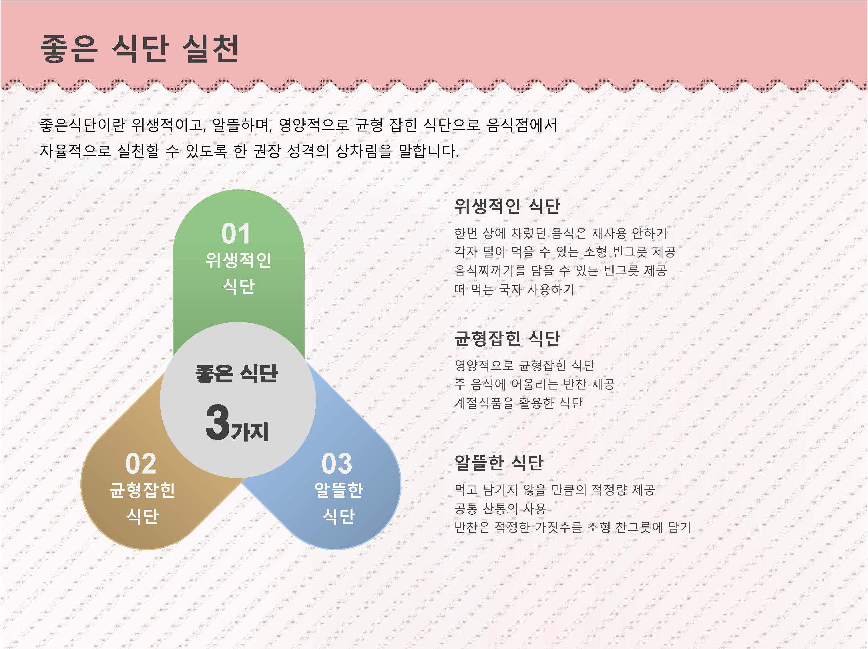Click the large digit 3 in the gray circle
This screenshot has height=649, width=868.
(218, 422)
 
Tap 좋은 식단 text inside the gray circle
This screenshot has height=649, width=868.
(237, 373)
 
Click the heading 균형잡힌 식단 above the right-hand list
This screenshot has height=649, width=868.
(507, 338)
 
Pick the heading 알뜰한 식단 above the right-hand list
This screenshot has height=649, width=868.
(499, 462)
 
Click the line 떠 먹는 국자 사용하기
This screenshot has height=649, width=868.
(514, 289)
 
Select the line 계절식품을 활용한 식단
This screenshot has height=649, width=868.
(518, 402)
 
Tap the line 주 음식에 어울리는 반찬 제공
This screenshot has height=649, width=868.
(534, 384)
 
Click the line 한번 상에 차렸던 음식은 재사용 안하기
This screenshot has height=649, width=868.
(560, 233)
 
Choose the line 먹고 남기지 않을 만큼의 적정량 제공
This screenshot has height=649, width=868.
(554, 490)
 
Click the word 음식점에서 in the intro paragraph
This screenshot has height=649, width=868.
(521, 125)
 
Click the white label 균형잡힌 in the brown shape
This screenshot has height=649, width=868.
(142, 490)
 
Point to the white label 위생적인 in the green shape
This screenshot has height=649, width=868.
(238, 260)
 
